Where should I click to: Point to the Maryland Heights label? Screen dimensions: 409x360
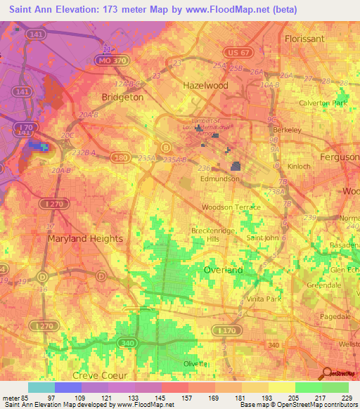point(85,238)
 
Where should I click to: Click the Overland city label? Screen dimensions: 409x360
point(223,269)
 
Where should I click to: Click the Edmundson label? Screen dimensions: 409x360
point(219,179)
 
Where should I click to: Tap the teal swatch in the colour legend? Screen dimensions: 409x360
point(41,387)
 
